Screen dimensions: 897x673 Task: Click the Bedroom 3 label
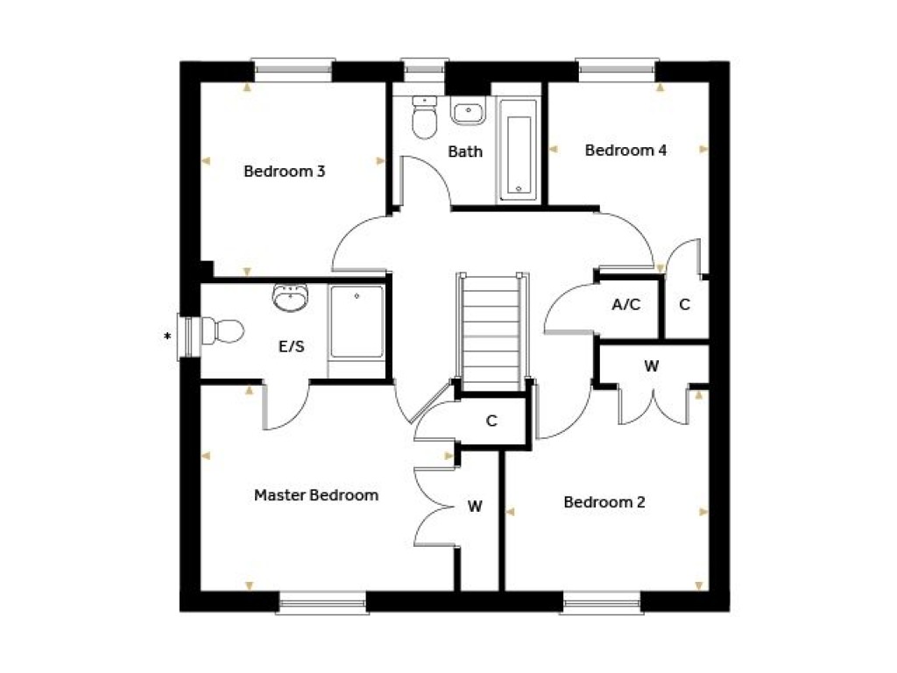coord(285,171)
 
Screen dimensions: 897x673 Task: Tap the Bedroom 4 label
coord(625,151)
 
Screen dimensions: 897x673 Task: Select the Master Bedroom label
coord(316,495)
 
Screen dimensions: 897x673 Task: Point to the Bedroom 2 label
coord(604,502)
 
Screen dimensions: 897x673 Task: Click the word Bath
coord(465,152)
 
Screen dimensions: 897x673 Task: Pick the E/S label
coord(291,346)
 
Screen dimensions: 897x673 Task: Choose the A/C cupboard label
coord(625,304)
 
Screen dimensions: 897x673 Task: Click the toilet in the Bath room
coord(425,117)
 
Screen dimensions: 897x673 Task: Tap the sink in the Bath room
coord(468,111)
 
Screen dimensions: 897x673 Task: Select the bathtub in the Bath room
coord(519,151)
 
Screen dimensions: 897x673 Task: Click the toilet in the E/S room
coord(222,330)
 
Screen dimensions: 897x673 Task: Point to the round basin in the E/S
coord(291,298)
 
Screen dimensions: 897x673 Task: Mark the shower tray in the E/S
coord(357,322)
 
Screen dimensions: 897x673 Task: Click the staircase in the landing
coord(492,332)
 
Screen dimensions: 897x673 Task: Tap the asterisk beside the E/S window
coord(167,336)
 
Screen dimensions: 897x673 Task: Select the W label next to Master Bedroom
coord(475,507)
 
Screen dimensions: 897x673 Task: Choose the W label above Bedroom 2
coord(651,365)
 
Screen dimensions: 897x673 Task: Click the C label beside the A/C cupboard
coord(684,304)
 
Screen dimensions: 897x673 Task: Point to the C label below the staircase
coord(491,422)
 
